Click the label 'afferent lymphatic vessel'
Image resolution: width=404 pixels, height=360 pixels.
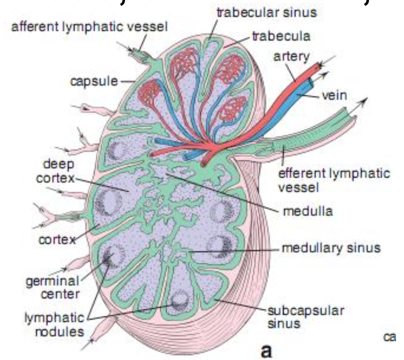coord(90,27)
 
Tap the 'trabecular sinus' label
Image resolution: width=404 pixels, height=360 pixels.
coord(267,11)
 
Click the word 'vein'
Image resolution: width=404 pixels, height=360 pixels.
coord(334,95)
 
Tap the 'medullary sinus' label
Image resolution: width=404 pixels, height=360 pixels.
coord(331,248)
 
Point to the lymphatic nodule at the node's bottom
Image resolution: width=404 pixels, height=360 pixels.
coord(180,300)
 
